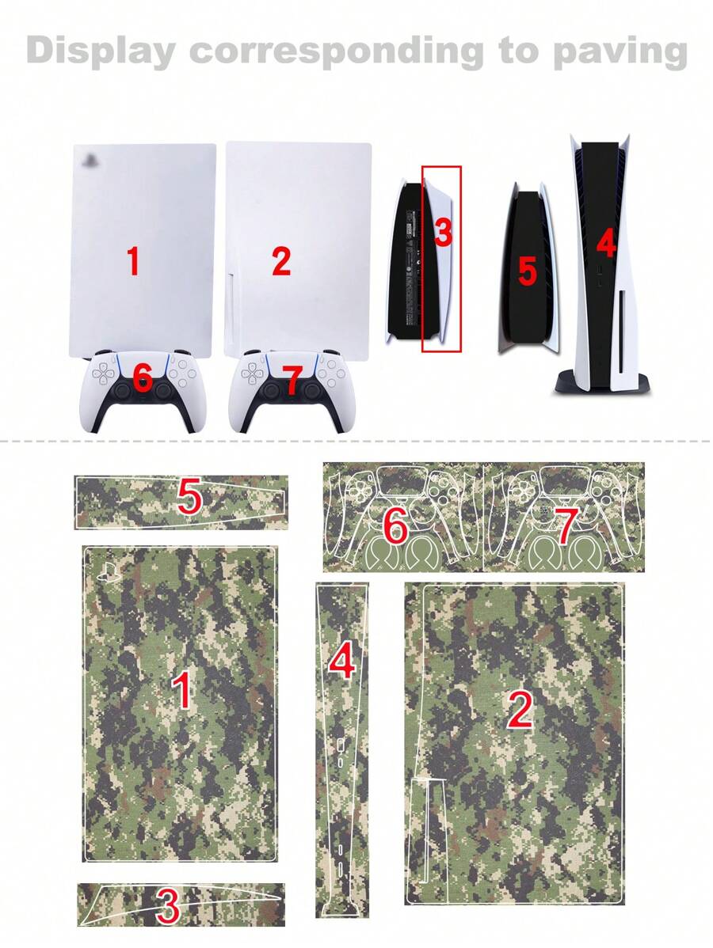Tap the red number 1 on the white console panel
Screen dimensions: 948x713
(133, 261)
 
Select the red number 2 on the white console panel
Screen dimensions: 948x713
(281, 261)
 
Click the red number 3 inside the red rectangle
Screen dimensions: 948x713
(443, 233)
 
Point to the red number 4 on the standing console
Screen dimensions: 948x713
(606, 245)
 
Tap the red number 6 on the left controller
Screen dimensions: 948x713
(143, 379)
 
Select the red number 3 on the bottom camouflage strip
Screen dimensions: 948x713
(167, 907)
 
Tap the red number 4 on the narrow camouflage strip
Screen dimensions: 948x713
(341, 662)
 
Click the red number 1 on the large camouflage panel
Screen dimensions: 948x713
(183, 689)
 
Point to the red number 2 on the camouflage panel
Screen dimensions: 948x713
(520, 710)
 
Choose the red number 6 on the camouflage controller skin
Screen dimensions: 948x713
(396, 525)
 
